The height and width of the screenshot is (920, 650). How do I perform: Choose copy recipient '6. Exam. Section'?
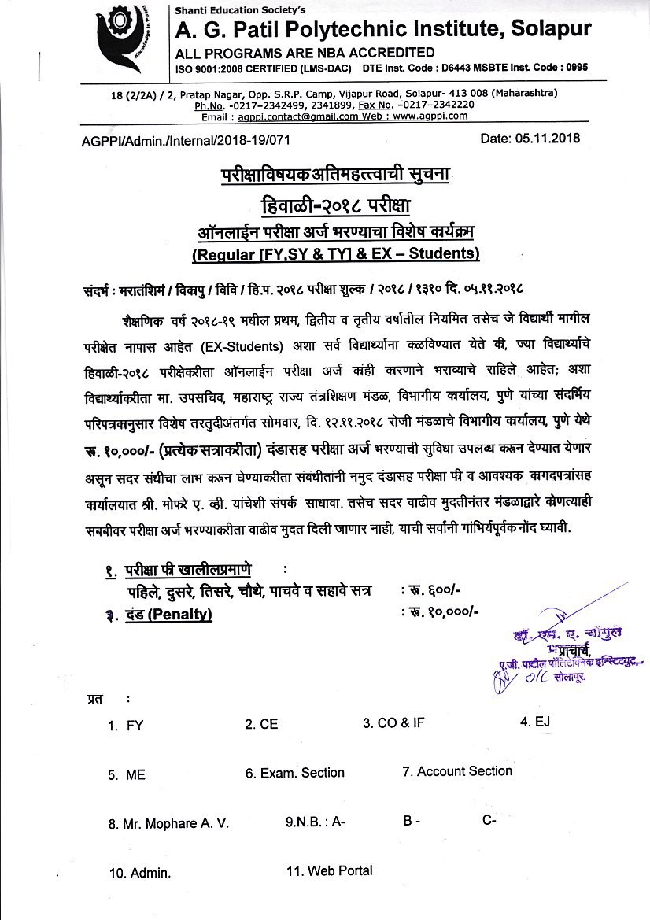(x=294, y=773)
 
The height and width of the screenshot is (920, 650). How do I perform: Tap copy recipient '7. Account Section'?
(x=456, y=771)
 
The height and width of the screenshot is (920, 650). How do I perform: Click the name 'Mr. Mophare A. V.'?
(x=169, y=824)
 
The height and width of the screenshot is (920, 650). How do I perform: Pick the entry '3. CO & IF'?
(x=393, y=722)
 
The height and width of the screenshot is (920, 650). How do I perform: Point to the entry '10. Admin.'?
(x=139, y=873)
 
